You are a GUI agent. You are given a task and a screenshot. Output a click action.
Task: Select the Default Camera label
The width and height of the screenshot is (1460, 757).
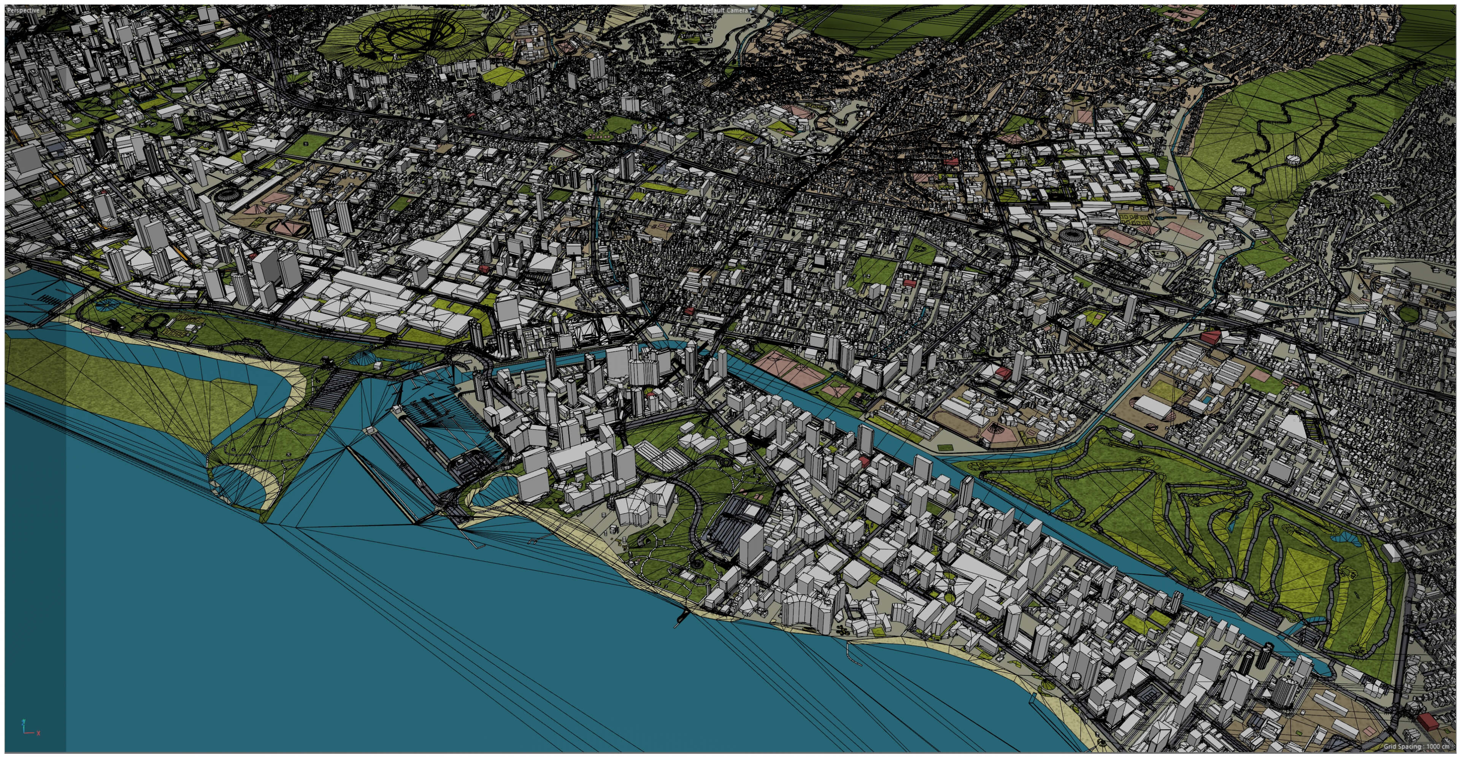pyautogui.click(x=725, y=10)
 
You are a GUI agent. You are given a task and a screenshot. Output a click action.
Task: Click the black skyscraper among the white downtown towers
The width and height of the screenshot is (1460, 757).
pyautogui.click(x=99, y=144)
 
